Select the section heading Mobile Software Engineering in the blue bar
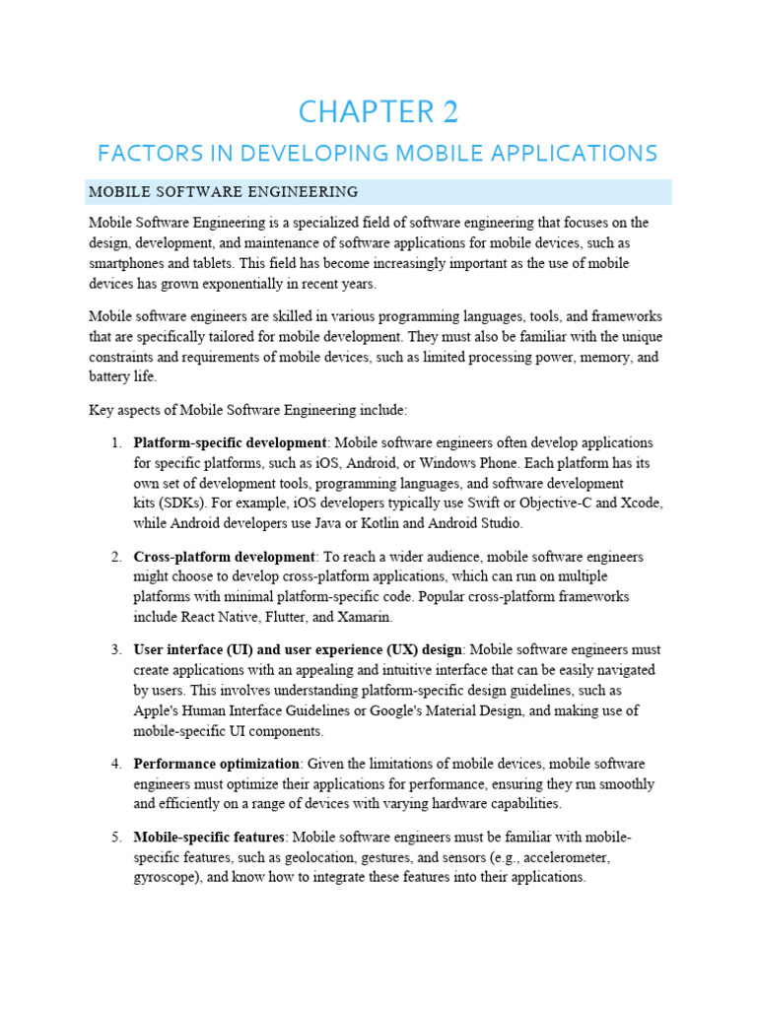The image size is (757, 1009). [x=223, y=191]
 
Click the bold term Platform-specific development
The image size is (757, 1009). [x=230, y=443]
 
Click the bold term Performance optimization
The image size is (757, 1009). [x=217, y=765]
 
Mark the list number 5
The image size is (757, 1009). [x=115, y=838]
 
